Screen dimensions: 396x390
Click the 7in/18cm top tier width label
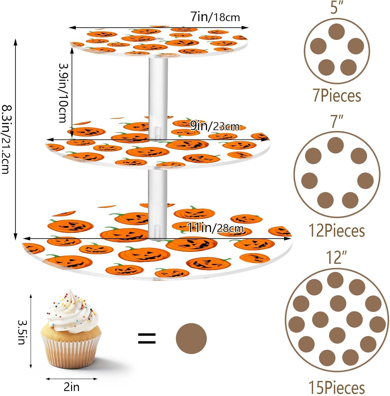coord(215,17)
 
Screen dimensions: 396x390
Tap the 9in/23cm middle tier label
coord(215,126)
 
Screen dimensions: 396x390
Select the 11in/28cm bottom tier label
coord(215,228)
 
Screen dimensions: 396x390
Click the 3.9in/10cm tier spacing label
coord(63,93)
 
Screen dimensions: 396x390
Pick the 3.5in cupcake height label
coord(22,332)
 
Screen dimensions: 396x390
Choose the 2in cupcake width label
coord(71,387)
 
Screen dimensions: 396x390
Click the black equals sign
coord(147,338)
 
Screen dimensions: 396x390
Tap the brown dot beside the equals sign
coord(191,338)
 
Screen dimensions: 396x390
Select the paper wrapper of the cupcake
coord(71,351)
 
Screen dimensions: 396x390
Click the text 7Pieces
coord(337,96)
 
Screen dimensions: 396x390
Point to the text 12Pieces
coord(337,231)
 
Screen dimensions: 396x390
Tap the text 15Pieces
coord(337,388)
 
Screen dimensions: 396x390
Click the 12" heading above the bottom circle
coord(336,257)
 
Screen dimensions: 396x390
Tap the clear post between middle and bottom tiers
coord(158,201)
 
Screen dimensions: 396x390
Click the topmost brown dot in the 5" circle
coord(337,32)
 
